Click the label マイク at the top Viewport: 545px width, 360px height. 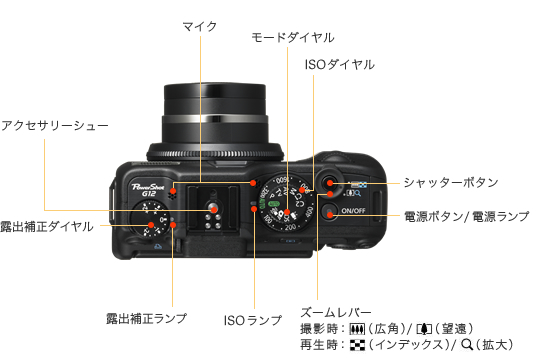pyautogui.click(x=200, y=26)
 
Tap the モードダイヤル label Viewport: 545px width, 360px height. pyautogui.click(x=293, y=37)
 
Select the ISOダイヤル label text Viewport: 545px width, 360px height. pyautogui.click(x=340, y=65)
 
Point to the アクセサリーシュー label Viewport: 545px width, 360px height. pyautogui.click(x=55, y=125)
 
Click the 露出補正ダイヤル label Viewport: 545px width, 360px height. pyautogui.click(x=47, y=227)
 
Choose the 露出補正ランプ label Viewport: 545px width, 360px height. pyautogui.click(x=146, y=318)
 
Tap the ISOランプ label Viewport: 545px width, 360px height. pyautogui.click(x=253, y=320)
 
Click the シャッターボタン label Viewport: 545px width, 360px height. pyautogui.click(x=451, y=182)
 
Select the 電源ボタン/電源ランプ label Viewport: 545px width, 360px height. pyautogui.click(x=466, y=216)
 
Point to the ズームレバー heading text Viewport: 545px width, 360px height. pyautogui.click(x=336, y=312)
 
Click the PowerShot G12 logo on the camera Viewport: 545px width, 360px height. pyautogui.click(x=148, y=190)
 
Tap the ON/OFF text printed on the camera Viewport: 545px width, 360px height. pyautogui.click(x=353, y=211)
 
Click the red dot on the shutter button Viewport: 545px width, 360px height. pyautogui.click(x=330, y=183)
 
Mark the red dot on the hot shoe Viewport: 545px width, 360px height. pyautogui.click(x=214, y=210)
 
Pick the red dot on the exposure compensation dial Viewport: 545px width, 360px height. pyautogui.click(x=151, y=225)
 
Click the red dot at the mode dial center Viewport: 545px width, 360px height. pyautogui.click(x=287, y=212)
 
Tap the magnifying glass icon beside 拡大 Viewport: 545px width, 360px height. pyautogui.click(x=467, y=345)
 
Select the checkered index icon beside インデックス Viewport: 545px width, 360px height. pyautogui.click(x=357, y=345)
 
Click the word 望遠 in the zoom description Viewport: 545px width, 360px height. pyautogui.click(x=454, y=328)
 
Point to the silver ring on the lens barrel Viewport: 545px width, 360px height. pyautogui.click(x=215, y=119)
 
